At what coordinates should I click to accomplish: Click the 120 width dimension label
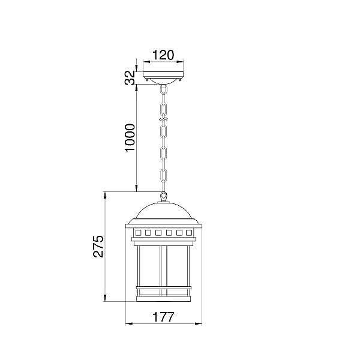(163, 55)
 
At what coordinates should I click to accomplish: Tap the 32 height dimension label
(130, 78)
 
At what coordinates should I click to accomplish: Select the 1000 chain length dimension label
(130, 138)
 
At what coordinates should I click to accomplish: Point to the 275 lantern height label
(98, 246)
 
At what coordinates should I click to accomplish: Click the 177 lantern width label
(163, 317)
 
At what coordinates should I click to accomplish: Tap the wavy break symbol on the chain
(163, 119)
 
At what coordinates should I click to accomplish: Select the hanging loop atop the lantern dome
(163, 196)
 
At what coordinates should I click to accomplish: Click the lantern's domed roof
(163, 211)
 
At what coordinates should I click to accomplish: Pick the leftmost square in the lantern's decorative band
(138, 233)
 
